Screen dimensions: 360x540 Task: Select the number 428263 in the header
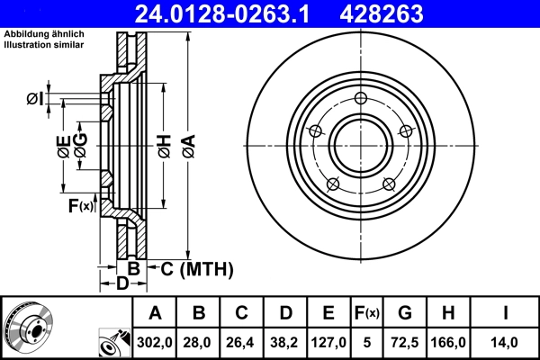click(x=405, y=13)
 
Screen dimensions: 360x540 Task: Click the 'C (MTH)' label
click(x=197, y=268)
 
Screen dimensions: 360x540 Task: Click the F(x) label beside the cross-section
click(x=80, y=206)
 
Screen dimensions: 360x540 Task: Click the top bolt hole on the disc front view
click(x=361, y=99)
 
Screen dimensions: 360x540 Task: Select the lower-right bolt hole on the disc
click(x=389, y=184)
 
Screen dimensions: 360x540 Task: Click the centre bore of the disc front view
click(x=361, y=146)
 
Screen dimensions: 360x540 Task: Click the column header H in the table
click(x=448, y=313)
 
